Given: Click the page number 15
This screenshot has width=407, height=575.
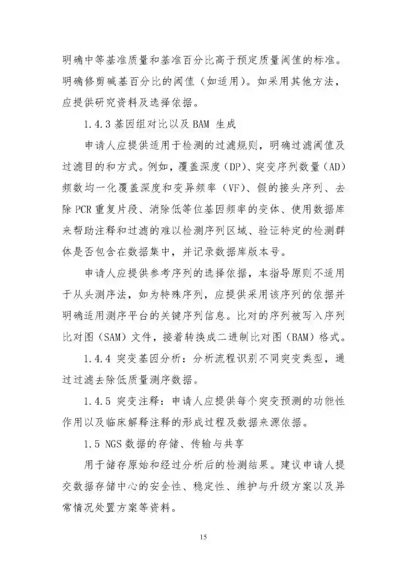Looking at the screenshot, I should pos(203,537).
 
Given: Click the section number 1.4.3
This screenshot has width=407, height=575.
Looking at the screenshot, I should pos(98,124).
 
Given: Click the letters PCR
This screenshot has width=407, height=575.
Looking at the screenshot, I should pos(83,209).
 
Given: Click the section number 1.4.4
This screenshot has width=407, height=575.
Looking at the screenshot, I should pos(98,358).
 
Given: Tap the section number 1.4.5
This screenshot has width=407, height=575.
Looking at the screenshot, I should pos(98,401).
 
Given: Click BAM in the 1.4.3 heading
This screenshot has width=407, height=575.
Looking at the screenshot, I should pos(201,124).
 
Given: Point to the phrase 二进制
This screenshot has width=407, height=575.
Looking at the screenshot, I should pos(237,337).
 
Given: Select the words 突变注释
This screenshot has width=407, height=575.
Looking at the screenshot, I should pos(138,401).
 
